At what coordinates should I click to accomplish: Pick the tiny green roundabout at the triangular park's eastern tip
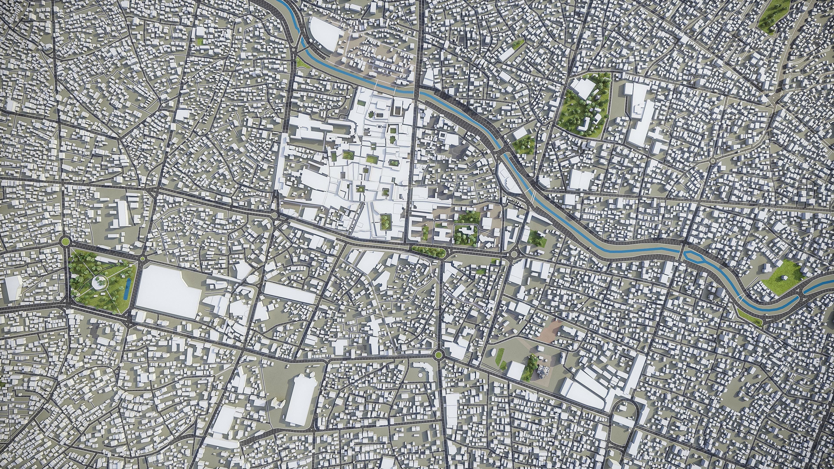(x=142, y=258)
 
